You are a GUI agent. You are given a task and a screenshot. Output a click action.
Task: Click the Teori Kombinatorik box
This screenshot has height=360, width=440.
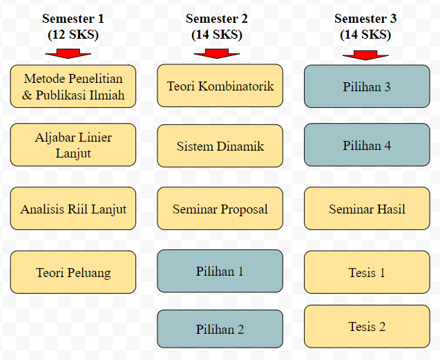click(x=220, y=86)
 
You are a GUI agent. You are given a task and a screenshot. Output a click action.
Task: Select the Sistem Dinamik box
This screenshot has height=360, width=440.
click(x=220, y=146)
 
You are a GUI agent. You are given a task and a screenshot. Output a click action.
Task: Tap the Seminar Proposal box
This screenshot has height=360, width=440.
click(x=220, y=209)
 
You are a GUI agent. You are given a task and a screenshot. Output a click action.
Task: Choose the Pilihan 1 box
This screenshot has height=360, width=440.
click(x=220, y=271)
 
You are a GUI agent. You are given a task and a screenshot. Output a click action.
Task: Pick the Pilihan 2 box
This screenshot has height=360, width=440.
click(x=220, y=329)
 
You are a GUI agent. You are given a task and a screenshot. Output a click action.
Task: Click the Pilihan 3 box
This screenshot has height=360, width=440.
click(x=367, y=86)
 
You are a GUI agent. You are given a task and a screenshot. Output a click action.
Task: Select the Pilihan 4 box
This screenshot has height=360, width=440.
click(x=367, y=144)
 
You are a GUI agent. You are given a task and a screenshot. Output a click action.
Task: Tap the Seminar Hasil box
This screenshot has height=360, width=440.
click(x=367, y=209)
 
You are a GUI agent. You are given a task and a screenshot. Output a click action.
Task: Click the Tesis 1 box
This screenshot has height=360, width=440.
click(x=367, y=272)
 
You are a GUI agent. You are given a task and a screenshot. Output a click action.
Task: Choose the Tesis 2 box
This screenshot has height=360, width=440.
click(x=367, y=326)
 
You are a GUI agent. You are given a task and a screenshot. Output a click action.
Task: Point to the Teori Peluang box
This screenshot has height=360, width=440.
click(x=73, y=272)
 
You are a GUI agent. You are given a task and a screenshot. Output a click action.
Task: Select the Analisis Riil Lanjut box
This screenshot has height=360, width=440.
click(x=73, y=209)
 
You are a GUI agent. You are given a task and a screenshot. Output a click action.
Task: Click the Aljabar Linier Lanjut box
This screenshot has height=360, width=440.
click(x=73, y=144)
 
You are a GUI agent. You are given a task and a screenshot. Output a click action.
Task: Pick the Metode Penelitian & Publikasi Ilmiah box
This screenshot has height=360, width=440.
click(x=73, y=86)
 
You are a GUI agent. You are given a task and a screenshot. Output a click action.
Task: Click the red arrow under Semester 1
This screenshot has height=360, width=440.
click(x=68, y=54)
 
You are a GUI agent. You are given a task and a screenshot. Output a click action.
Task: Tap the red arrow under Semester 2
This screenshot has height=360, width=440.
click(x=217, y=54)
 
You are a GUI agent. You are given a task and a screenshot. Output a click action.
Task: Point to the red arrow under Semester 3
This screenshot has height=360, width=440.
click(x=365, y=55)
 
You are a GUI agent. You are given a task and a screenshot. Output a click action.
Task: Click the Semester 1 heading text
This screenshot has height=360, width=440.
click(x=73, y=19)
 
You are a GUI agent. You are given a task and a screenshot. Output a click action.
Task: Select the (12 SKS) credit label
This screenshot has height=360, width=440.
click(x=73, y=35)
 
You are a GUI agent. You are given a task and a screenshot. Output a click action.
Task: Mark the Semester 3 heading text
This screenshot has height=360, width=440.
click(x=365, y=19)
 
